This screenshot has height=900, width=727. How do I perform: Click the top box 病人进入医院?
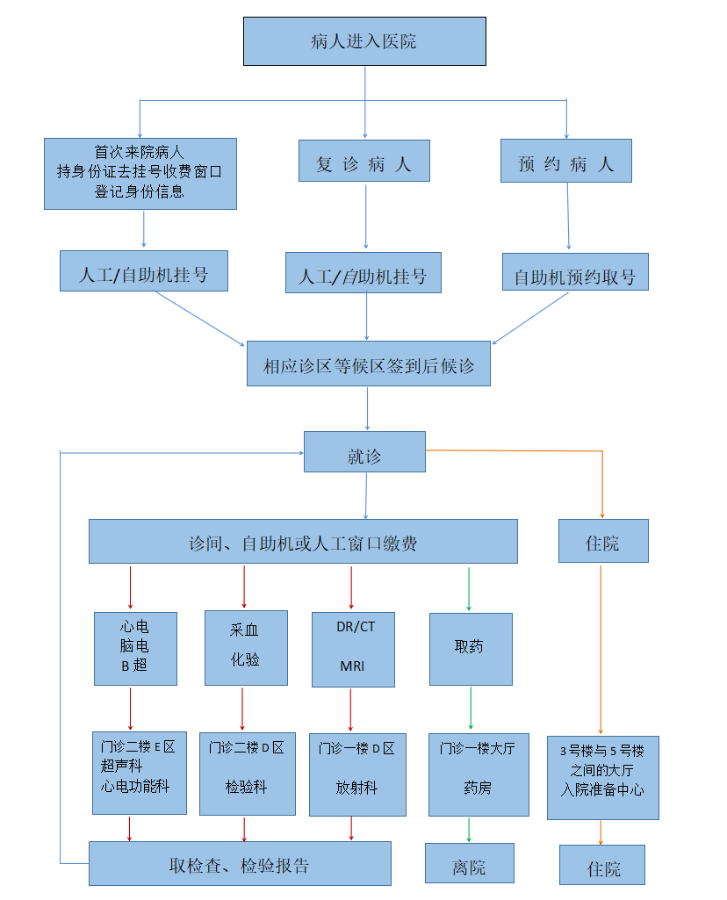[364, 41]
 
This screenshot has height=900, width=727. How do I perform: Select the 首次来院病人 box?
[140, 173]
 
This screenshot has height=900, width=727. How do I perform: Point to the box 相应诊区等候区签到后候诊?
[368, 364]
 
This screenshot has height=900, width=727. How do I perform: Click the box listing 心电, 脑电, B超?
[135, 648]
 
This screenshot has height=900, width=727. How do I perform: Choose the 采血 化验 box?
[246, 647]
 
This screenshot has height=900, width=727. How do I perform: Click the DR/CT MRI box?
[354, 648]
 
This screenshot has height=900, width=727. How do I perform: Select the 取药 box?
[471, 648]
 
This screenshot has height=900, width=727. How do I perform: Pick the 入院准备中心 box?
[602, 777]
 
